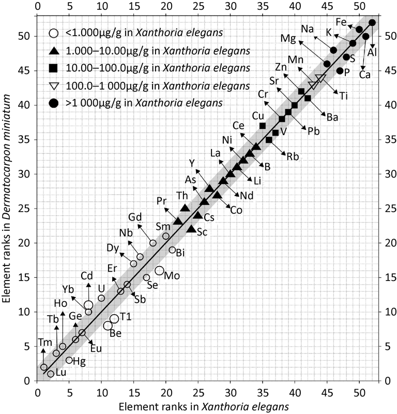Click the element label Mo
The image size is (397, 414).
point(172,276)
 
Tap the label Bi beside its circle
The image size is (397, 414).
point(180,254)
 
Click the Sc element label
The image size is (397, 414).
point(202,232)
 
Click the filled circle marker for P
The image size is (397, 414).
point(340,71)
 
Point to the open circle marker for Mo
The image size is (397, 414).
point(160,271)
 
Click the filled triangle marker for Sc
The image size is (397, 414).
point(191,229)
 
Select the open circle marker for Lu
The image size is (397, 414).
point(51,374)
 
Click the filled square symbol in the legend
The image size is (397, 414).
point(53,68)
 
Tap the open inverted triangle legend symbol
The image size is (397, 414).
point(53,85)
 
